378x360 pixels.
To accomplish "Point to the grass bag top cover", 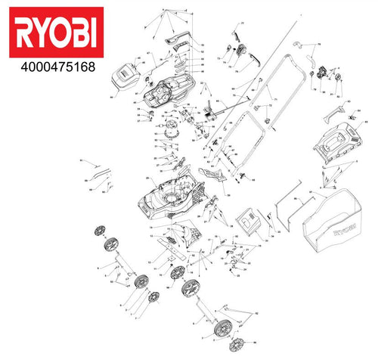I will [332, 147].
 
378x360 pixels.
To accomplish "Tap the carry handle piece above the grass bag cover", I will [338, 114].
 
